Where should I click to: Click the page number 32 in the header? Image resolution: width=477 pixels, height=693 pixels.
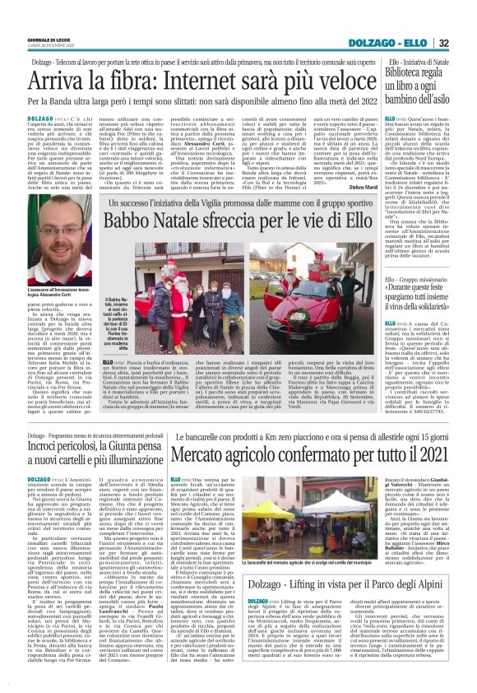coord(465,43)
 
